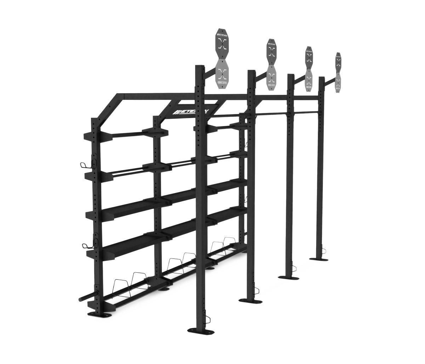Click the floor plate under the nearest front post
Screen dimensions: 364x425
[x=198, y=329]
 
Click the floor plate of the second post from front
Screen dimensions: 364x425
[x=250, y=300]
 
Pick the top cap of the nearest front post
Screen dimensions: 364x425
[x=200, y=66]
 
